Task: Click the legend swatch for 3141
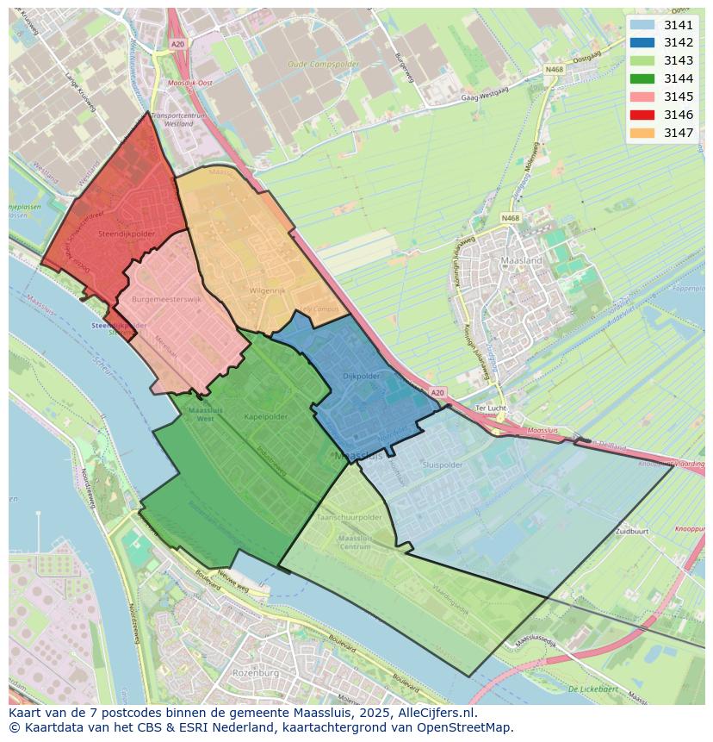642,25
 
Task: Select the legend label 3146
679,115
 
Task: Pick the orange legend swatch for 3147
642,133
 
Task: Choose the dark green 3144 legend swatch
642,78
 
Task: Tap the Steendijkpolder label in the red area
127,234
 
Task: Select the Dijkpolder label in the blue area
362,376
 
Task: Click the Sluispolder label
443,465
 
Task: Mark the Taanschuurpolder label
349,517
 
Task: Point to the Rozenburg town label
256,671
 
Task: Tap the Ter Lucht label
491,408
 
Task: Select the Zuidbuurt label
632,532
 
